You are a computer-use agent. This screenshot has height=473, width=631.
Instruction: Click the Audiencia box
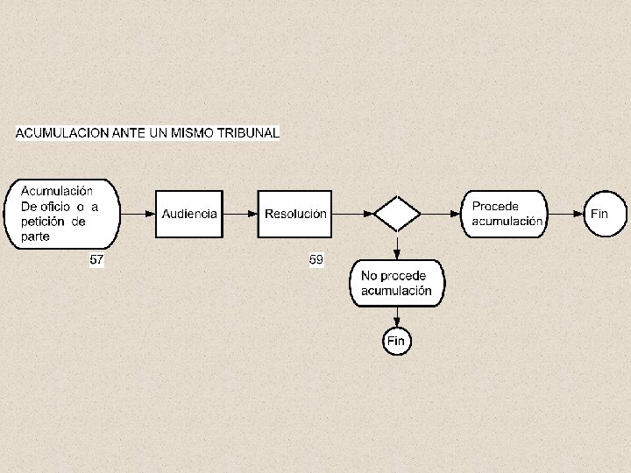tap(189, 214)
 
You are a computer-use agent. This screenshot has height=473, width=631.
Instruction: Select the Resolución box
tap(295, 214)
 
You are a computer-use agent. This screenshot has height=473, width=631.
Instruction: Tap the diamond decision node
tap(397, 214)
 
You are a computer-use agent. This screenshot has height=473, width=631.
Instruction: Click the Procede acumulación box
tap(506, 214)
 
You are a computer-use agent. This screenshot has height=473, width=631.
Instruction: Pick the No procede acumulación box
tap(397, 283)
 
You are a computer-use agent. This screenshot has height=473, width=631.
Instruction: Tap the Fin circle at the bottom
tap(397, 340)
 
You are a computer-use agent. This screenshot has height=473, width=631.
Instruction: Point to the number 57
tap(98, 259)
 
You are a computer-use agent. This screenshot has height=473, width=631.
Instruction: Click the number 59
tap(316, 259)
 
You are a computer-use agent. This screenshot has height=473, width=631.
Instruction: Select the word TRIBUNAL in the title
tap(250, 133)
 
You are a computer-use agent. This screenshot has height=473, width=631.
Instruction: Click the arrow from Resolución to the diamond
tap(352, 214)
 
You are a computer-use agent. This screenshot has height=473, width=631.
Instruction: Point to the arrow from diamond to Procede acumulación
tap(442, 214)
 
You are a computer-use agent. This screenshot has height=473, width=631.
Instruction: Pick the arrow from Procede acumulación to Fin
tap(566, 214)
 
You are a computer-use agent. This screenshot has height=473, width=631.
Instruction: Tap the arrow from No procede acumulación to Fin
tap(397, 316)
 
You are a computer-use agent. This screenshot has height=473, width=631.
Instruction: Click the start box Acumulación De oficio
tap(63, 214)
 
